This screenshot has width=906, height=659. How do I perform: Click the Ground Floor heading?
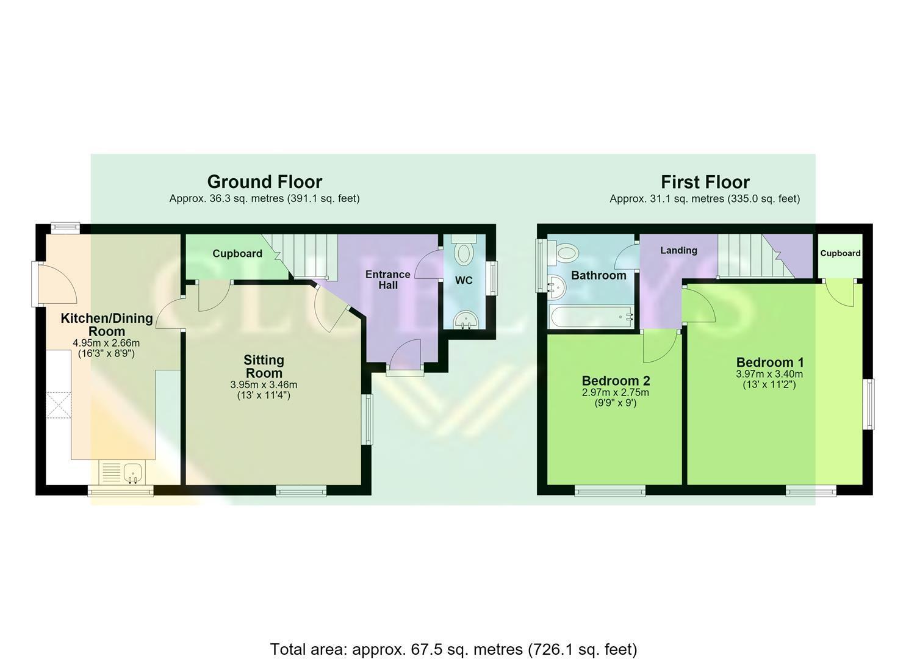point(265,182)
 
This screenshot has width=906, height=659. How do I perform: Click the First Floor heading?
point(705,182)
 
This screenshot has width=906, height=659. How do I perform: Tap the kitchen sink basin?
point(132,472)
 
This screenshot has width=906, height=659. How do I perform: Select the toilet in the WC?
point(464,250)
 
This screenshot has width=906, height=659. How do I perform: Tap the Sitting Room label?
point(264,366)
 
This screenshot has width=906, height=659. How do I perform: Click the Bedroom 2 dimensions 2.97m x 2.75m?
point(615,392)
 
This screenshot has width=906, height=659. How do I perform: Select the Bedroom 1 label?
point(770,362)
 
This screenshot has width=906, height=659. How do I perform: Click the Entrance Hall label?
point(387,279)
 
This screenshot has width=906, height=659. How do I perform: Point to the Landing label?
point(678,250)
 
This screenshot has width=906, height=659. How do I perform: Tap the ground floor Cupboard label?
point(237,254)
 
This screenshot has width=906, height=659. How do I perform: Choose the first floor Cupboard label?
point(840,253)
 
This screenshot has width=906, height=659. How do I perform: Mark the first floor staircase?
point(755,256)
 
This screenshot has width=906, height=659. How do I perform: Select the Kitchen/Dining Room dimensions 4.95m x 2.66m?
point(106,343)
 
